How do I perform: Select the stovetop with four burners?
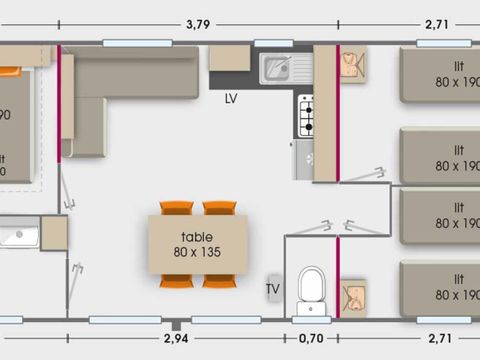click(305, 115)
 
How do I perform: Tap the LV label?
click(231, 99)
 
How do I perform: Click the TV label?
click(272, 290)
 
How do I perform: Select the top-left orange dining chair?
click(176, 208)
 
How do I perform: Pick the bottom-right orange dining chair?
click(219, 280)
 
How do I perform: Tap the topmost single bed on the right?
click(440, 75)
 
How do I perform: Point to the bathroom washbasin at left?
click(19, 237)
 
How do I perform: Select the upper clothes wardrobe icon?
click(352, 66)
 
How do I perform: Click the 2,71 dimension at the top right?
click(436, 23)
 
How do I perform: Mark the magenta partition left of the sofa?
click(61, 105)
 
